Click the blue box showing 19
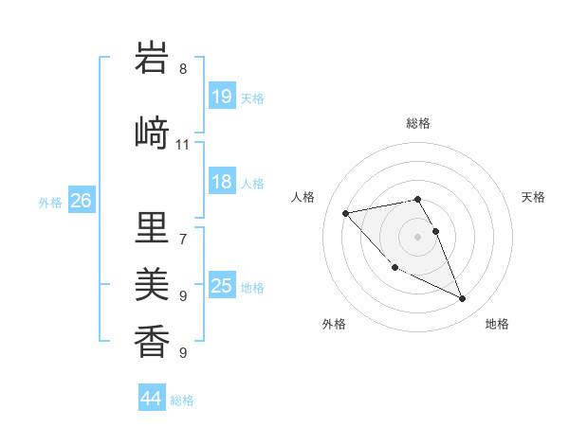coord(222,97)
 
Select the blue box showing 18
coord(222,183)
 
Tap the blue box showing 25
coord(222,287)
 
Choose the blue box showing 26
coord(82,201)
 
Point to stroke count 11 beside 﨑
coord(182,145)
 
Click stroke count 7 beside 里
coord(182,239)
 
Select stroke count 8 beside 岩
coord(182,68)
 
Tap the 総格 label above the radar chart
coord(418,123)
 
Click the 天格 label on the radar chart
coord(533,197)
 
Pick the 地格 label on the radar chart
coord(497,324)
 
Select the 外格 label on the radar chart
coord(334,324)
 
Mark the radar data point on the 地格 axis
coord(463,299)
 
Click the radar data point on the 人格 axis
coord(345,212)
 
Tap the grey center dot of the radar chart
coord(418,236)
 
